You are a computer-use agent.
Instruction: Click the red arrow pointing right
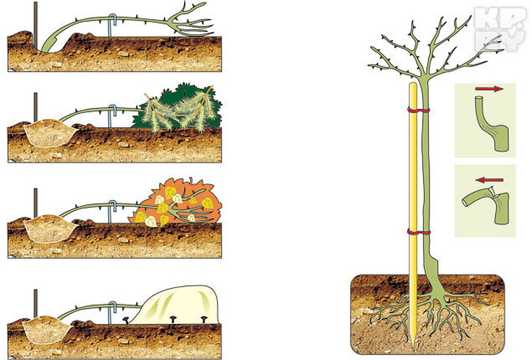[489, 89]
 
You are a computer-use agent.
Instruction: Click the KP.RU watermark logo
[500, 26]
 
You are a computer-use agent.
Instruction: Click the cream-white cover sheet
[180, 304]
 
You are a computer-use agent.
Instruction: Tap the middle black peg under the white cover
[172, 321]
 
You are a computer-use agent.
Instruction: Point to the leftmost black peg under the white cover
[127, 321]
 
